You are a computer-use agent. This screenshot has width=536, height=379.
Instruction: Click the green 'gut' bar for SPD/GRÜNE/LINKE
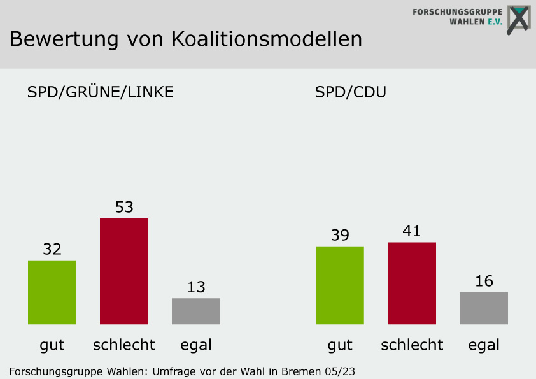[x=52, y=292]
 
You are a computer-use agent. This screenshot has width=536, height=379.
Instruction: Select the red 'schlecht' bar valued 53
[x=124, y=271]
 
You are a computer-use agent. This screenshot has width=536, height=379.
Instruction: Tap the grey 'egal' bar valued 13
[x=196, y=311]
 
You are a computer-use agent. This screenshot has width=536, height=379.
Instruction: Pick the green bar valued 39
[x=340, y=285]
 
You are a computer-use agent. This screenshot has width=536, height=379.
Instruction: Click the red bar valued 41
[x=412, y=283]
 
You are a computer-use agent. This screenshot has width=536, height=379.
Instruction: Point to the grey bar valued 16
[x=484, y=308]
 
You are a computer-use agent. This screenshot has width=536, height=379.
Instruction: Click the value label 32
[x=52, y=249]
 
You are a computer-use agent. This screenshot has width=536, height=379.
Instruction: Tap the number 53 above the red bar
[x=124, y=207]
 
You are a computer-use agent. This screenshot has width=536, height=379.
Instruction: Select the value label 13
[x=196, y=287]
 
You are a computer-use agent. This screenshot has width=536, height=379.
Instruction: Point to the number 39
[x=340, y=235]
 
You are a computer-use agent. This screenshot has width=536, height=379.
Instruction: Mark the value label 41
[x=412, y=231]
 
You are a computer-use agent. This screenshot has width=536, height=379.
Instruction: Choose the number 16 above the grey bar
[x=484, y=281]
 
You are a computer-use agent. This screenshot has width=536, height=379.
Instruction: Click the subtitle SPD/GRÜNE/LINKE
[x=101, y=92]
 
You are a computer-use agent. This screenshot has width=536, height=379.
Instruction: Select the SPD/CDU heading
[x=351, y=92]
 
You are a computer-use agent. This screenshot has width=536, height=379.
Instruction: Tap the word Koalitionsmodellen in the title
[x=267, y=39]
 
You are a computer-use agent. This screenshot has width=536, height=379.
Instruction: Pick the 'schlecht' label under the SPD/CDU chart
[x=412, y=345]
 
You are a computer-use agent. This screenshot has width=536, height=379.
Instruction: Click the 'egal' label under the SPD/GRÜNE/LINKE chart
[x=196, y=345]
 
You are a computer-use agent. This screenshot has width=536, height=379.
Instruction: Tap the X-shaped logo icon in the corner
[x=518, y=20]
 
